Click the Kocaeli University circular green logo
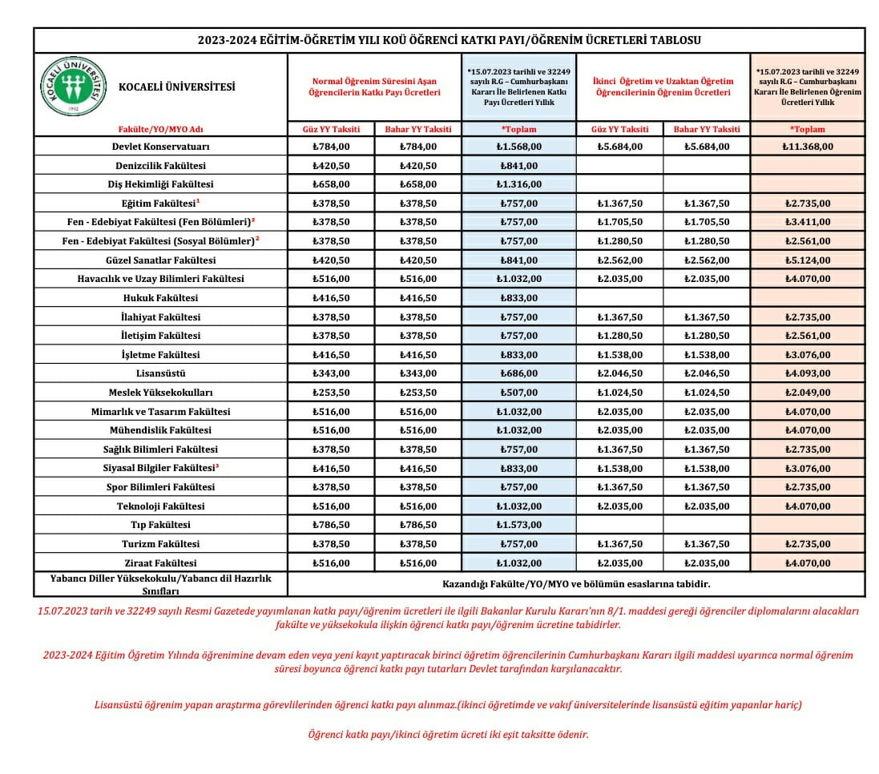(73, 87)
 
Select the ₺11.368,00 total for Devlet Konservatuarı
(807, 147)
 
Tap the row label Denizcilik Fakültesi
(160, 166)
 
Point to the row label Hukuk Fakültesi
(160, 297)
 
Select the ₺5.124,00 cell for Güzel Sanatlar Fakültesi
(807, 260)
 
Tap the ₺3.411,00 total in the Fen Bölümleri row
(807, 222)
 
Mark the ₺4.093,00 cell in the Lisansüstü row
(807, 373)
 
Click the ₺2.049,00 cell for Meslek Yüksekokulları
(807, 393)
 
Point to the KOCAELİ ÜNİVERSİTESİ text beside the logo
(177, 87)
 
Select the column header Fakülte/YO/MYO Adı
(160, 129)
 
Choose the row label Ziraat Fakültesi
(160, 563)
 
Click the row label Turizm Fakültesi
(160, 544)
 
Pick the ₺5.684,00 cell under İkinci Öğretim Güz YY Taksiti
(619, 147)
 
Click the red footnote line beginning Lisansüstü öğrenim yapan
(448, 705)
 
